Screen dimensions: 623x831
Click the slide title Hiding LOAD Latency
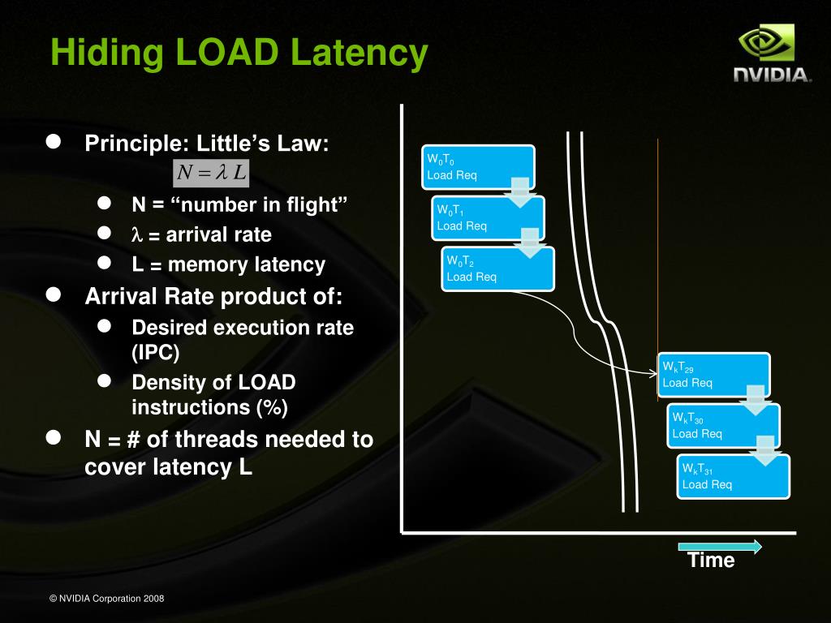(x=239, y=54)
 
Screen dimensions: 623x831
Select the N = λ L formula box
(x=211, y=173)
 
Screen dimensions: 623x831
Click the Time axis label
(x=711, y=561)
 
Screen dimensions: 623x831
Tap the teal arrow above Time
(x=720, y=547)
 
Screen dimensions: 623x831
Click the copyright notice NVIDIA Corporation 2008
(x=107, y=599)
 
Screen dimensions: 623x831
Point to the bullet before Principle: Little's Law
(x=54, y=143)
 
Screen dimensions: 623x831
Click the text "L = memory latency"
(x=229, y=264)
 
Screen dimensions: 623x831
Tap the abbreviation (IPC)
(x=156, y=354)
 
